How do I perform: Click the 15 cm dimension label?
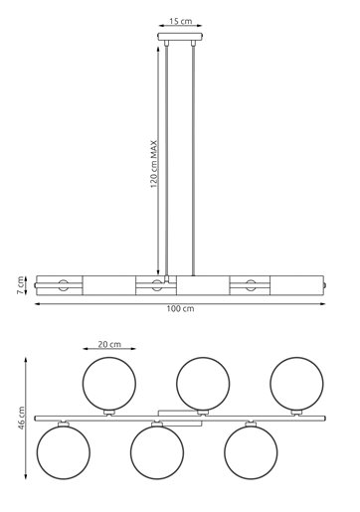(x=180, y=20)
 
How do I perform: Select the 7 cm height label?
(x=19, y=286)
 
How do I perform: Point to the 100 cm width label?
(x=180, y=310)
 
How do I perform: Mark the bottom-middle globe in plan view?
(x=155, y=451)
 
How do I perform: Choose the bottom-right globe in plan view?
(x=249, y=451)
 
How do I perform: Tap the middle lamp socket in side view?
(x=156, y=286)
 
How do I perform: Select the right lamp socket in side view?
(x=249, y=286)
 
